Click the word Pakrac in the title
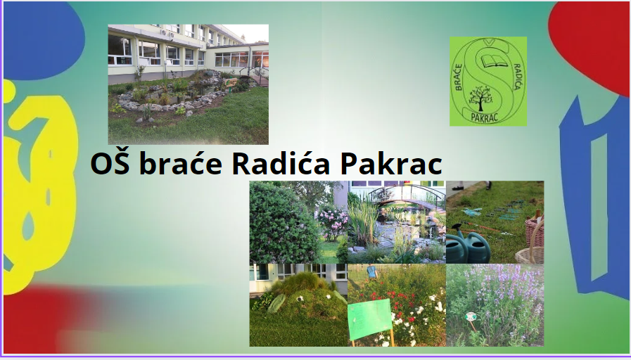pos(390,163)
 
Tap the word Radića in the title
pos(281,163)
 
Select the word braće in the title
pos(180,163)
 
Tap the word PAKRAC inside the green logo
pos(485,117)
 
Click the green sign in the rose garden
pos(370,319)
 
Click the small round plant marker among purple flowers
pos(470,317)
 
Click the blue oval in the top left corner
pos(44,40)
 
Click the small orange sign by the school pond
pos(231,83)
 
